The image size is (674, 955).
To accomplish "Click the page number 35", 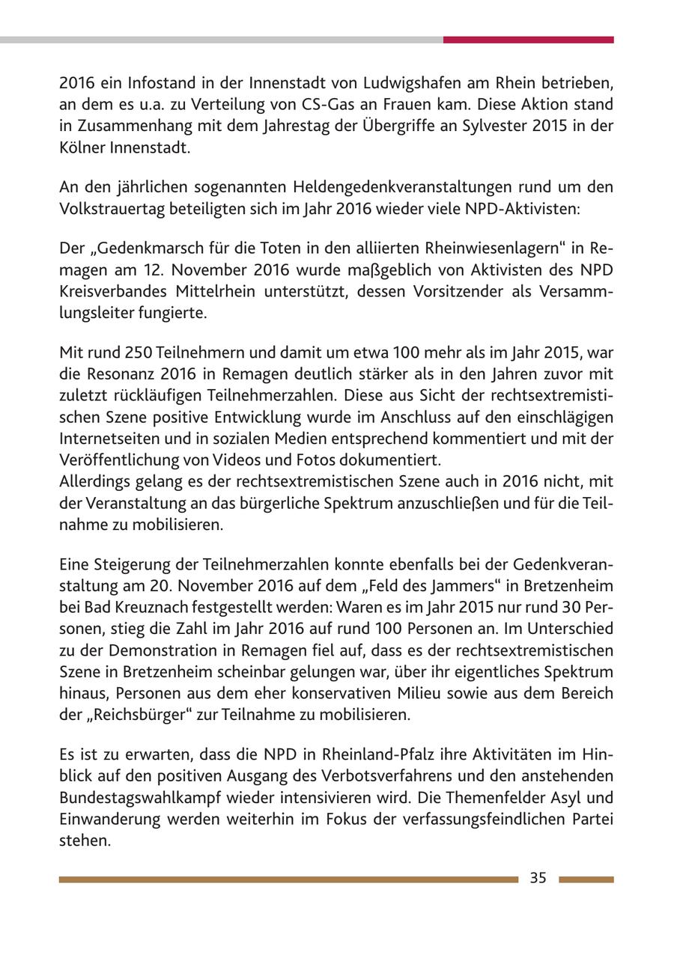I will (x=538, y=879).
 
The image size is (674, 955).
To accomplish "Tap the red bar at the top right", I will (x=528, y=40).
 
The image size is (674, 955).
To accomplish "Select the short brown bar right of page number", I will (x=586, y=879).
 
